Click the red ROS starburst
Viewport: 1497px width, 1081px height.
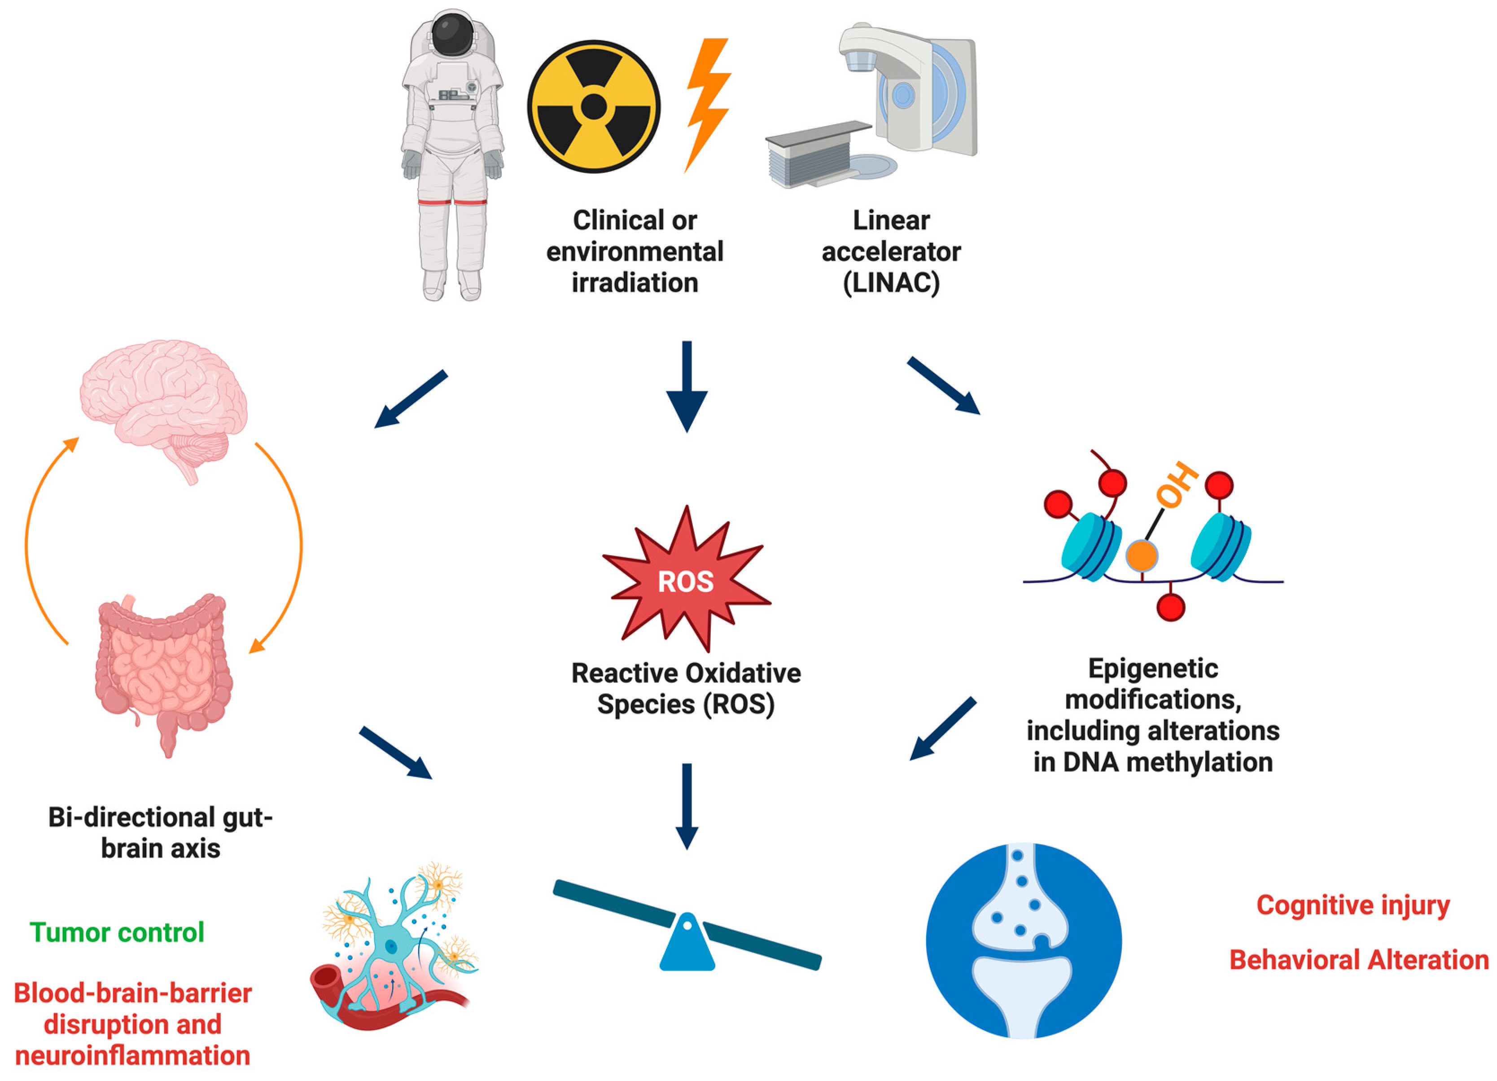tap(687, 581)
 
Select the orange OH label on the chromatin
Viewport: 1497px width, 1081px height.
tap(1177, 485)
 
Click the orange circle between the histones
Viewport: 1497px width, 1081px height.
tap(1141, 555)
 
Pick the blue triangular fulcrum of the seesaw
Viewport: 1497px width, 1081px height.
tap(687, 944)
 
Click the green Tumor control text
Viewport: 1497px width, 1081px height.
tap(117, 932)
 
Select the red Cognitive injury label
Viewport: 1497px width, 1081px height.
tap(1353, 905)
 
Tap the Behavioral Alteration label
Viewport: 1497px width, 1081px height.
tap(1358, 959)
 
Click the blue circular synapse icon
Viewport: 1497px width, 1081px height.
tap(1023, 941)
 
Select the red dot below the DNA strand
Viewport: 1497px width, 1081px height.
tap(1170, 607)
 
